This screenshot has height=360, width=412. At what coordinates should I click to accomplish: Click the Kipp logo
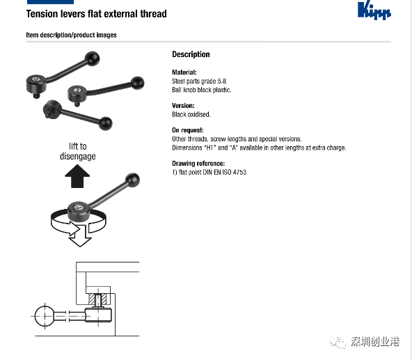tap(374, 10)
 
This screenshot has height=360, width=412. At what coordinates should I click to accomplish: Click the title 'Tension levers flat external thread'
tap(97, 14)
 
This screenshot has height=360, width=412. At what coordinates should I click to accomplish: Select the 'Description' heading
tap(191, 54)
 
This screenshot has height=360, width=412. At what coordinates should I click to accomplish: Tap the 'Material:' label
tap(184, 72)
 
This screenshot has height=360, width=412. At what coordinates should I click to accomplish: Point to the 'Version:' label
tap(183, 105)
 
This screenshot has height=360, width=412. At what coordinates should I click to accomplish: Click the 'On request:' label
tap(188, 130)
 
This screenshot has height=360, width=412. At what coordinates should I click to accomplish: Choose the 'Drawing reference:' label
tap(198, 164)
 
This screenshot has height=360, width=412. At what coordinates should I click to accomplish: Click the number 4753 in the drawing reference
tap(239, 172)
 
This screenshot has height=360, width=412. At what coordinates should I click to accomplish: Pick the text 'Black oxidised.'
tap(191, 114)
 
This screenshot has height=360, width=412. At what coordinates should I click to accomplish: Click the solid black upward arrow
tap(77, 176)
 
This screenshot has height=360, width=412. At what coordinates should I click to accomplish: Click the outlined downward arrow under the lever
tap(80, 235)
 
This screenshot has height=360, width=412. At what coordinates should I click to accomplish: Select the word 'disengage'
tap(78, 156)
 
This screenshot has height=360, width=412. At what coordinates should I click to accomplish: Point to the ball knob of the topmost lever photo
tap(93, 58)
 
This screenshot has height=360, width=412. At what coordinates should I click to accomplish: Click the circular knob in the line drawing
tap(45, 316)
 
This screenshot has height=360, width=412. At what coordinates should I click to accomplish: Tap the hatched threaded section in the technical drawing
tap(97, 299)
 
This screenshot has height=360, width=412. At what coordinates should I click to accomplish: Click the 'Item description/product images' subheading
tap(71, 35)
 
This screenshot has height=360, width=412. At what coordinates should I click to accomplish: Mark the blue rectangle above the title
tap(50, 2)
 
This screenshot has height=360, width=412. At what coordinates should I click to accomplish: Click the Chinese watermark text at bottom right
tap(375, 342)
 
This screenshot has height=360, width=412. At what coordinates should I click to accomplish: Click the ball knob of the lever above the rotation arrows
tap(132, 180)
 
